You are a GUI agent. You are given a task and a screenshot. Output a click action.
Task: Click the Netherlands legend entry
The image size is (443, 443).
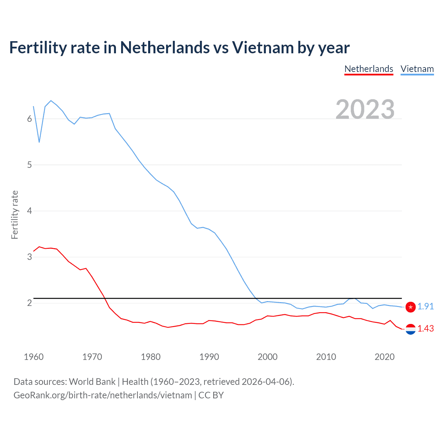(x=369, y=69)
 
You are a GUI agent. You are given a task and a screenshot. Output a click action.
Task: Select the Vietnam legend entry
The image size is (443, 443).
(x=417, y=69)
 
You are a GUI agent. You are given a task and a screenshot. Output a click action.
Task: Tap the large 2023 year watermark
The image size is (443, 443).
(x=365, y=109)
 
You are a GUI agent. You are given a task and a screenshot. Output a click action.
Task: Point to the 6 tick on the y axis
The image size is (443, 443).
(x=29, y=119)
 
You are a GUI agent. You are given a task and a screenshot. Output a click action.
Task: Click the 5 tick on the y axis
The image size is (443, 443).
(x=29, y=165)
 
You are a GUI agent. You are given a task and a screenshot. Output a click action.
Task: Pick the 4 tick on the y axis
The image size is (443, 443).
(x=29, y=211)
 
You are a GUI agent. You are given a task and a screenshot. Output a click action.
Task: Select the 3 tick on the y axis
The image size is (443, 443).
(x=29, y=257)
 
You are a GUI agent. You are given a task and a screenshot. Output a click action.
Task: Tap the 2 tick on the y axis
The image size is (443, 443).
(x=29, y=303)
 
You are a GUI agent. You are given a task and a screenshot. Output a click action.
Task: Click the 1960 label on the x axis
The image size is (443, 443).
(x=34, y=357)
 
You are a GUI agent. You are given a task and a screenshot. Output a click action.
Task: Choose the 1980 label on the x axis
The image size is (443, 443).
(x=151, y=357)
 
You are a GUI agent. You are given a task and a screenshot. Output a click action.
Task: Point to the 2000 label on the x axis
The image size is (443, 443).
(x=268, y=357)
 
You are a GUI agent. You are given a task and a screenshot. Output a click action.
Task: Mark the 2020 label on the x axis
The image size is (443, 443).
(x=385, y=357)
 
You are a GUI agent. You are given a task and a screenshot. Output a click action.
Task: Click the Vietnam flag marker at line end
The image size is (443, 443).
(x=410, y=307)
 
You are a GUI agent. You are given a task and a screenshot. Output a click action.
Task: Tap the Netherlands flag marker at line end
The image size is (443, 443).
(x=410, y=329)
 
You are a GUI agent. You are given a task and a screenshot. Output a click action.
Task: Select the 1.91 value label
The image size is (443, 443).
(x=425, y=307)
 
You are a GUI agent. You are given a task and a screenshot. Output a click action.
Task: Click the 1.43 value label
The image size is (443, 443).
(x=425, y=329)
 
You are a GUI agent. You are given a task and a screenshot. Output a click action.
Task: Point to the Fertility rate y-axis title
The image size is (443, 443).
(x=15, y=215)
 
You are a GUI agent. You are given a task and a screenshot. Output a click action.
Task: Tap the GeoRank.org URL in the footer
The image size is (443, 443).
(x=103, y=395)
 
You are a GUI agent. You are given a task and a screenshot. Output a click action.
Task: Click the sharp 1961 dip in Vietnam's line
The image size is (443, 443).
(x=39, y=142)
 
